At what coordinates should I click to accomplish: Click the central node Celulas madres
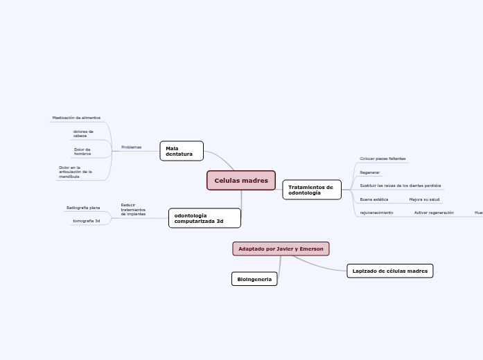241,181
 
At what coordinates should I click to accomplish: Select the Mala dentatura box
182,151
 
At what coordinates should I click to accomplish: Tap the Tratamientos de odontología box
312,190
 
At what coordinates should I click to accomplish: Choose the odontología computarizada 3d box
204,218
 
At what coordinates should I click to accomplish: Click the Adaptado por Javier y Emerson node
281,249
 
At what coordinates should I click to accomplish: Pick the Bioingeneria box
254,279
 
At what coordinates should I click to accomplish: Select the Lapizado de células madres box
389,271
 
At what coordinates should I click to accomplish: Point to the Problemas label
131,147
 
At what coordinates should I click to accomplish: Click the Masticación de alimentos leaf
76,118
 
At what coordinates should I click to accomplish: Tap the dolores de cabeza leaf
83,134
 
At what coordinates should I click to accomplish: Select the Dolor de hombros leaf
82,151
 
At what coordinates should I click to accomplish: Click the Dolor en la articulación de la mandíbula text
75,172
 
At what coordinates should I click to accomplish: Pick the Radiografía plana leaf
83,208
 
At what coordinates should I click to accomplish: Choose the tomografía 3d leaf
87,221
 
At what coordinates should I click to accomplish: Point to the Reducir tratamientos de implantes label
133,210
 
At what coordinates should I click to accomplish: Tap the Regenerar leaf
370,172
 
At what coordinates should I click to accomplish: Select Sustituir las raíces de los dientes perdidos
400,186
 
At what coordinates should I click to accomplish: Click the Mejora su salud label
424,199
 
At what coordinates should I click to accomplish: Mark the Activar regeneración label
434,213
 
